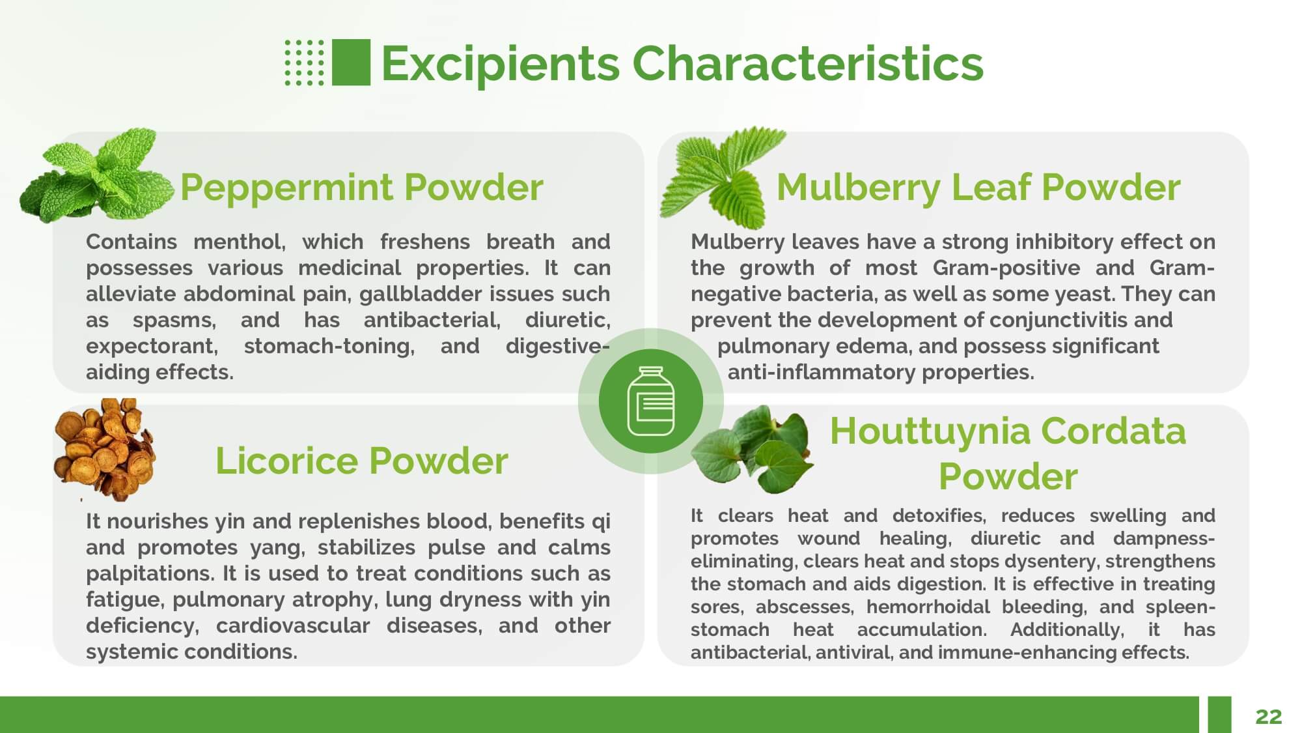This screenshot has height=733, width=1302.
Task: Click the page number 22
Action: coord(1268,717)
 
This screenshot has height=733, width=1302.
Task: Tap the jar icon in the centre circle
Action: coord(650,401)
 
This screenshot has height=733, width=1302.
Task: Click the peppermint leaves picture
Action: coord(97,176)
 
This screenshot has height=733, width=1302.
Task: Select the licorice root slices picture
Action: coord(104,450)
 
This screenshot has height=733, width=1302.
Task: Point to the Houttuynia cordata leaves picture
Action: coord(752,450)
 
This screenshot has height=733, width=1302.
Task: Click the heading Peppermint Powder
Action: coord(361,188)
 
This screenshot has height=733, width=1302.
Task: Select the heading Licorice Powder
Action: coord(361,461)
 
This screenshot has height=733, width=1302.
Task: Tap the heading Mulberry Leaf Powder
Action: coord(978,188)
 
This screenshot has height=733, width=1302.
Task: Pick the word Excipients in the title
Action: coord(500,65)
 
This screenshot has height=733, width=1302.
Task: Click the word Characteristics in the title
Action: coord(808,63)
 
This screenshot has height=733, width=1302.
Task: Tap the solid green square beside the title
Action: coord(351,63)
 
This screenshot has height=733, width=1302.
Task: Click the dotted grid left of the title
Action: coord(304,63)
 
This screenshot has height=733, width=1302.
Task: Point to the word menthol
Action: coord(240,242)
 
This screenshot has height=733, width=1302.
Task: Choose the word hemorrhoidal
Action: coord(928,607)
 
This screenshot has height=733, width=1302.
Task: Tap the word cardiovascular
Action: coord(293,625)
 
